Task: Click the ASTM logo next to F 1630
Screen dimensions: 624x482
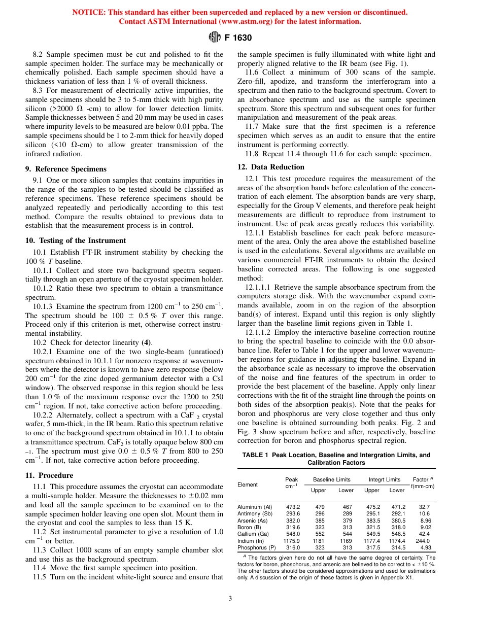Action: click(214, 37)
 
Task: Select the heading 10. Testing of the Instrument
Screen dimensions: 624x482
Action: click(76, 240)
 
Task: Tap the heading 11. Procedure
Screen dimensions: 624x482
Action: click(49, 475)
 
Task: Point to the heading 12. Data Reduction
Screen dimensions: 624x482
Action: click(271, 167)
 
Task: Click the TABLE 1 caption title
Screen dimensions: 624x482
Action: click(336, 459)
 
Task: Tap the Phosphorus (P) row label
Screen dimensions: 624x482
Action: click(256, 547)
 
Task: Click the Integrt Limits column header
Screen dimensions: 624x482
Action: click(384, 479)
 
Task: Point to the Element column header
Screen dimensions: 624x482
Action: click(248, 484)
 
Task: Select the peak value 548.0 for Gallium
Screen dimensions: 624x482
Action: click(293, 534)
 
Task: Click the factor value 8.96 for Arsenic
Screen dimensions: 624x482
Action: click(425, 521)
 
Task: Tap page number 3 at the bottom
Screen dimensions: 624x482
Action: click(230, 599)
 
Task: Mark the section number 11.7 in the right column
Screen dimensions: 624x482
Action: click(252, 126)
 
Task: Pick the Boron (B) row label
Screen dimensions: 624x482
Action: click(249, 527)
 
